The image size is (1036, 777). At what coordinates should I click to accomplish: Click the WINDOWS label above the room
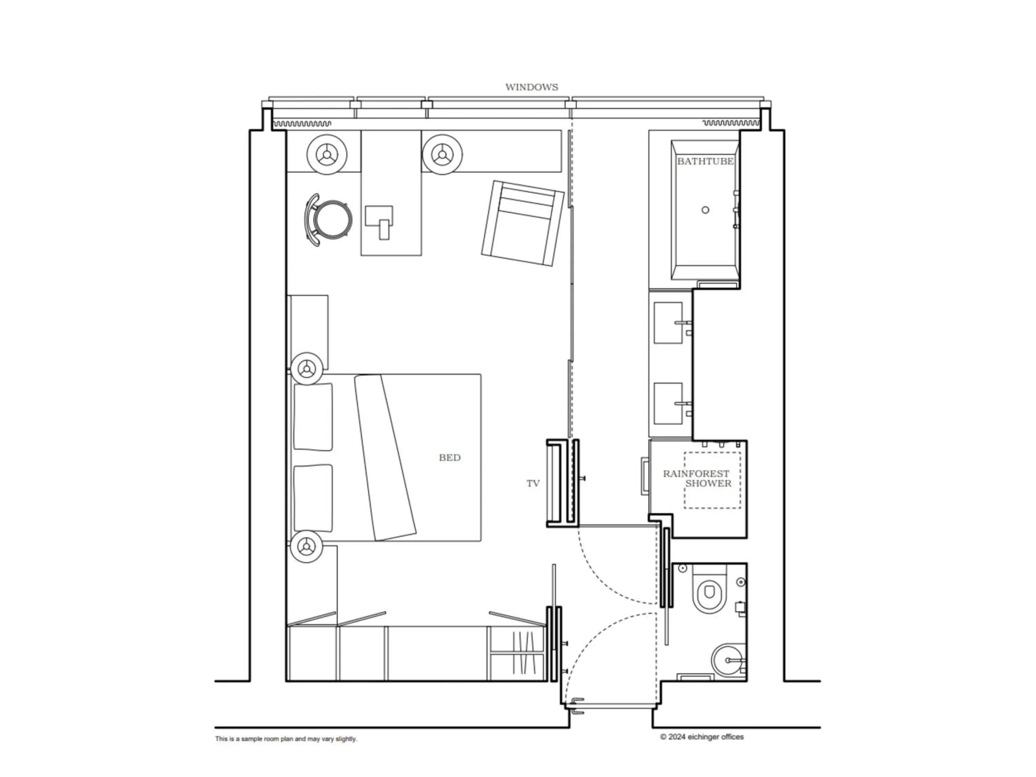pyautogui.click(x=531, y=87)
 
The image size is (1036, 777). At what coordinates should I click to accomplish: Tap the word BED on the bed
pyautogui.click(x=449, y=458)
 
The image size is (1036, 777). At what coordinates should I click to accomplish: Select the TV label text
pyautogui.click(x=533, y=483)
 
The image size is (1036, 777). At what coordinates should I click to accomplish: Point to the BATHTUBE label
pyautogui.click(x=705, y=161)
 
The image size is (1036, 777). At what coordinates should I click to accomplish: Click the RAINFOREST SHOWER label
pyautogui.click(x=697, y=478)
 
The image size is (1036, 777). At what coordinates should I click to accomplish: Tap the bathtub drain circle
pyautogui.click(x=705, y=210)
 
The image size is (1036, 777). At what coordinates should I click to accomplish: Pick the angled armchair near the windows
pyautogui.click(x=522, y=223)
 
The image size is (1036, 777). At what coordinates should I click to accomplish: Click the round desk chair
pyautogui.click(x=332, y=219)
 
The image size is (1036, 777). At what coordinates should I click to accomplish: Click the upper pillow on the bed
pyautogui.click(x=313, y=417)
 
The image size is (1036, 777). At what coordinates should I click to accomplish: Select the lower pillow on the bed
pyautogui.click(x=313, y=498)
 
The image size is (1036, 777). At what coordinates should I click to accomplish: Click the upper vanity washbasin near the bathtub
pyautogui.click(x=668, y=323)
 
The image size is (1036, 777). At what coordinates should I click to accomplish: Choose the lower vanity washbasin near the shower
pyautogui.click(x=668, y=403)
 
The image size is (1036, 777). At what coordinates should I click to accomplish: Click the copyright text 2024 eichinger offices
pyautogui.click(x=702, y=737)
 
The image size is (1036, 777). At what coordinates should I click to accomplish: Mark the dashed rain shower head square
pyautogui.click(x=712, y=480)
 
